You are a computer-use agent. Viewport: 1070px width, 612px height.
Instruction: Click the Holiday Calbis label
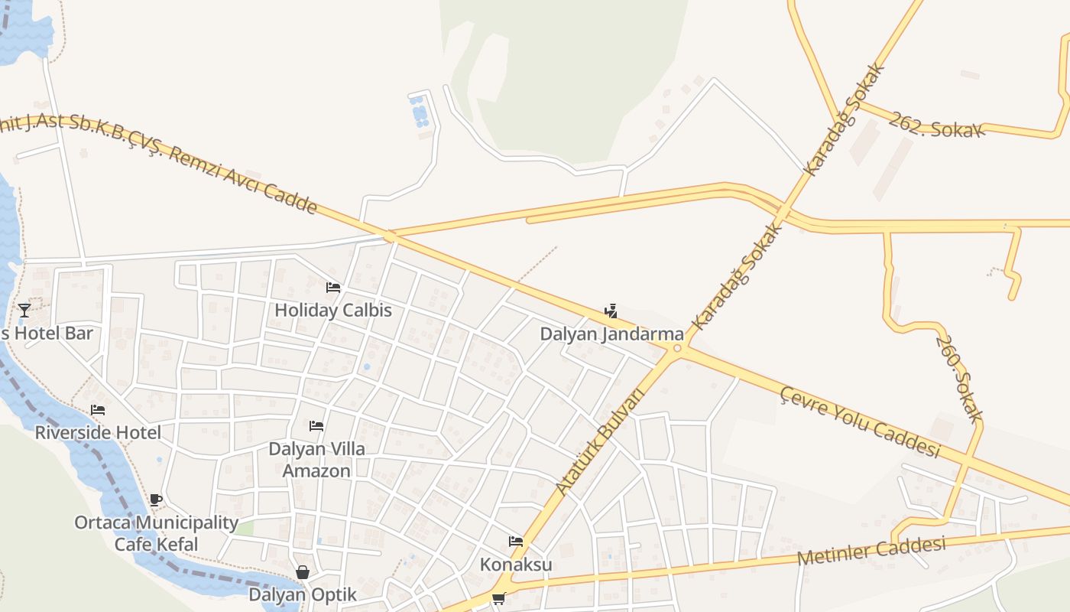[x=333, y=311]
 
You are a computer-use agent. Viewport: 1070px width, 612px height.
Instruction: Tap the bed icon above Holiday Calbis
[x=333, y=288]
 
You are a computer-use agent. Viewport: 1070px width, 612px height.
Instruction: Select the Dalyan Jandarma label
[x=611, y=334]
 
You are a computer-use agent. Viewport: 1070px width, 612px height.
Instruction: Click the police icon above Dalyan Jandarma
[x=611, y=311]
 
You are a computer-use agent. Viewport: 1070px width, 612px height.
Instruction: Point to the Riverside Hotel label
[x=98, y=433]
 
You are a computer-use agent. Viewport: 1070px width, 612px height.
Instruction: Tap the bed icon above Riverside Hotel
[x=98, y=410]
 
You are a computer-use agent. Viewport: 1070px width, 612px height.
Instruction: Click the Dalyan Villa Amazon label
[x=316, y=460]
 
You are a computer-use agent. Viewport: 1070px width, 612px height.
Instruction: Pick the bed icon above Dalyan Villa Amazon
[x=316, y=426]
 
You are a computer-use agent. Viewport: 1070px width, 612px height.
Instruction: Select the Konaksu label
[x=516, y=565]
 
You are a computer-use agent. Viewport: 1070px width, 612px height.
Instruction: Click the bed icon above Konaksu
[x=516, y=542]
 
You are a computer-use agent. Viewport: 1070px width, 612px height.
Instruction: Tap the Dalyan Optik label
[x=303, y=594]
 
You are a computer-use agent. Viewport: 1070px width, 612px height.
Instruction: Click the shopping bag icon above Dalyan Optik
[x=303, y=572]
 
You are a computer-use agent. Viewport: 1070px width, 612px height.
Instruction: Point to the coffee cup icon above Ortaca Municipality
[x=156, y=500]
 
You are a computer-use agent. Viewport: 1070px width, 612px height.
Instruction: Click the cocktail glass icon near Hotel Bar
[x=24, y=310]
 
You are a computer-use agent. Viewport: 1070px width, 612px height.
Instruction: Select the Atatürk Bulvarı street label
[x=600, y=441]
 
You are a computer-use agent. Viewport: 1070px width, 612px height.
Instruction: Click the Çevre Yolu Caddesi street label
[x=859, y=422]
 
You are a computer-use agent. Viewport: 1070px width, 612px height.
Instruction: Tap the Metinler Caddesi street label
[x=871, y=551]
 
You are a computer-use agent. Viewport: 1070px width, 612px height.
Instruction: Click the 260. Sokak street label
[x=958, y=379]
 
